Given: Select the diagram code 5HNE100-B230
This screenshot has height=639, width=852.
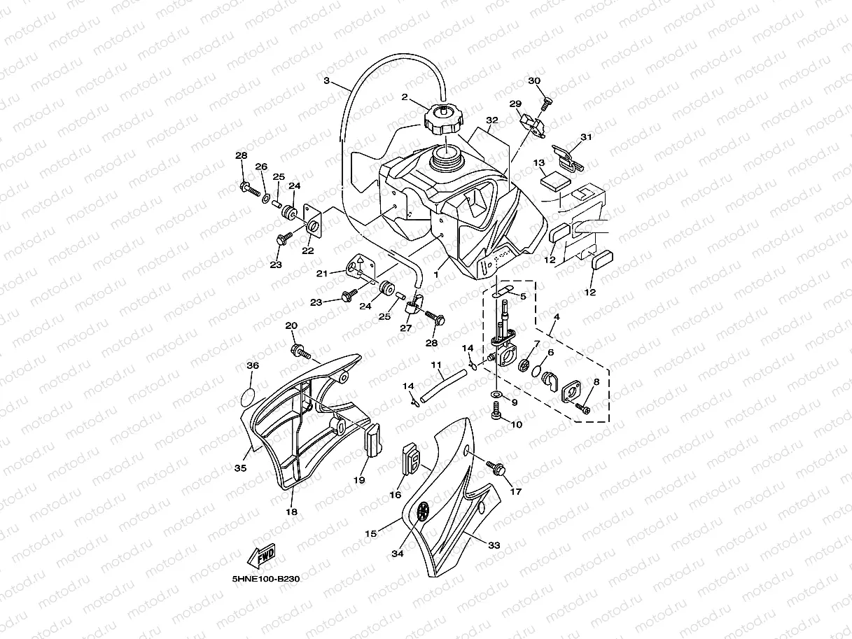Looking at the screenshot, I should pyautogui.click(x=266, y=580).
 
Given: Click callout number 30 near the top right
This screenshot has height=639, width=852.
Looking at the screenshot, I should pyautogui.click(x=534, y=81).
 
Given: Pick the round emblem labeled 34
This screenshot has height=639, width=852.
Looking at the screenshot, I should pyautogui.click(x=422, y=512).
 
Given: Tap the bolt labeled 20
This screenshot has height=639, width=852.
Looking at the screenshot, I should pyautogui.click(x=298, y=350).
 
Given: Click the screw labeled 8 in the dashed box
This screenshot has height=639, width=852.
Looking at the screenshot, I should pyautogui.click(x=583, y=407).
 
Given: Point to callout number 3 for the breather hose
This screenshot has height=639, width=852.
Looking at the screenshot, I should pyautogui.click(x=326, y=81).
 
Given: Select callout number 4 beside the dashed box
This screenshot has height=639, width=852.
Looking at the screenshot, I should pyautogui.click(x=556, y=316).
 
